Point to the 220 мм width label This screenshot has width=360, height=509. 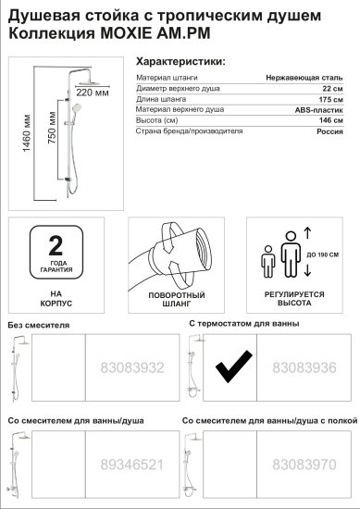click(93, 93)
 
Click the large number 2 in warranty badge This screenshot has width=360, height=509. click(56, 245)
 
